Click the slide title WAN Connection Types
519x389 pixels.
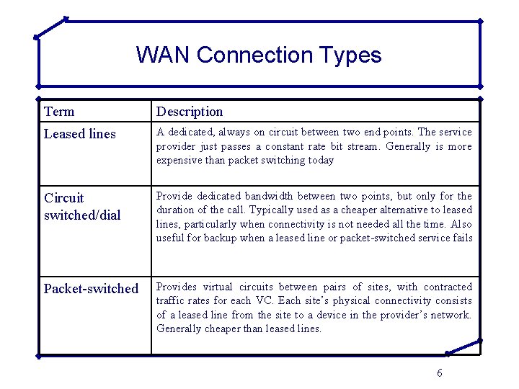point(259,55)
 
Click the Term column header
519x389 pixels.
point(59,112)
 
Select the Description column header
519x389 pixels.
point(190,112)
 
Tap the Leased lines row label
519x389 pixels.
point(79,134)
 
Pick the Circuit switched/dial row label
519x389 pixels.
point(81,206)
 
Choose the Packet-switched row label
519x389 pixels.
point(91,289)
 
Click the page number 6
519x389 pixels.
point(440,372)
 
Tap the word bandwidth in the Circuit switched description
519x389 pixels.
point(268,196)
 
